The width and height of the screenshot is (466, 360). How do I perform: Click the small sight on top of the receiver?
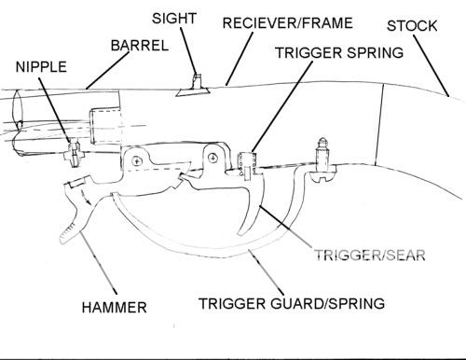(194, 85)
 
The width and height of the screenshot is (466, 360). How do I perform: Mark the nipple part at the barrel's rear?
(71, 149)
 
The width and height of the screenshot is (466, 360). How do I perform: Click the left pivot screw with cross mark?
(137, 161)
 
